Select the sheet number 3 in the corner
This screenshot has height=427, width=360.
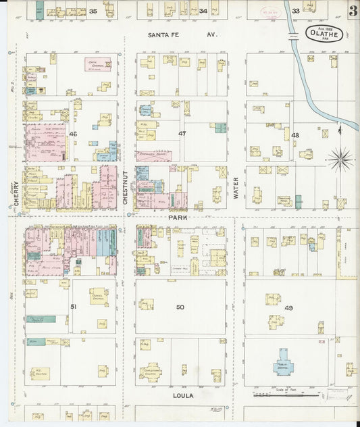click(x=353, y=12)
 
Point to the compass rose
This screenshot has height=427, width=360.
click(x=340, y=160)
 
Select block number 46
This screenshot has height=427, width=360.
click(x=73, y=134)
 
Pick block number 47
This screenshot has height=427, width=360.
click(x=181, y=134)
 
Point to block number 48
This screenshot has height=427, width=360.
click(x=294, y=136)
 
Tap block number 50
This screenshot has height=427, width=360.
click(x=180, y=307)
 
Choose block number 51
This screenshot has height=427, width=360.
click(x=73, y=307)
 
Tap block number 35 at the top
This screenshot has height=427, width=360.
click(x=93, y=11)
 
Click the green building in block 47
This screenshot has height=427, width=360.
click(x=220, y=128)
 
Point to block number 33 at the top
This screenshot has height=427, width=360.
click(x=295, y=11)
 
